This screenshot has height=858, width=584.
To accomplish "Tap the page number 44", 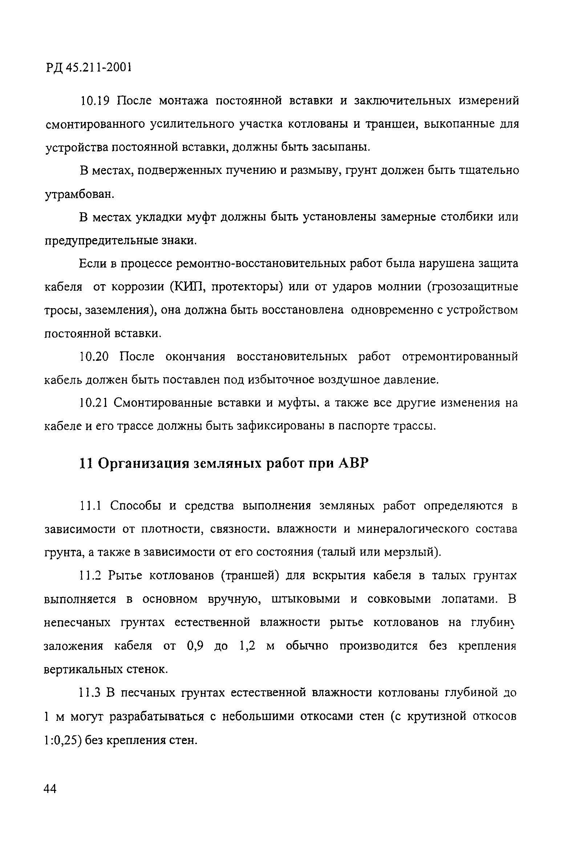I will [50, 789].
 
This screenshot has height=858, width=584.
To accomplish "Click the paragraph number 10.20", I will [94, 357].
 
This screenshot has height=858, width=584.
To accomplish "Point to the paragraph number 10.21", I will [93, 403].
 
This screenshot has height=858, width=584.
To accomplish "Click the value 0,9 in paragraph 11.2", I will [195, 646].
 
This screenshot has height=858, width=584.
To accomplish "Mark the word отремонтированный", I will [460, 357].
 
